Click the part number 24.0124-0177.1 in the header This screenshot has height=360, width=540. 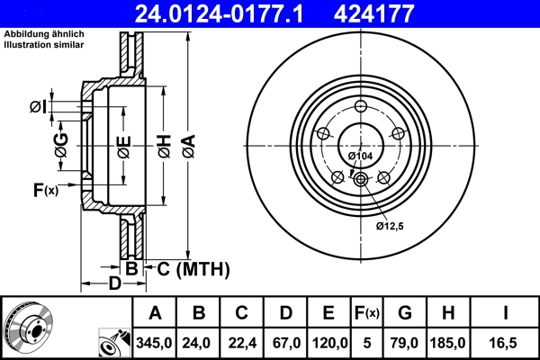(x=213, y=13)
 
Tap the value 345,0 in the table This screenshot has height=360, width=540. (x=155, y=342)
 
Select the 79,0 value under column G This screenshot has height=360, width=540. (x=404, y=342)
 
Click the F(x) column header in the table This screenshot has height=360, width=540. (x=367, y=313)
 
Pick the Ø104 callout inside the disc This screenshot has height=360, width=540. (x=360, y=157)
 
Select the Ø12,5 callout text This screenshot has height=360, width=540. (x=390, y=225)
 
